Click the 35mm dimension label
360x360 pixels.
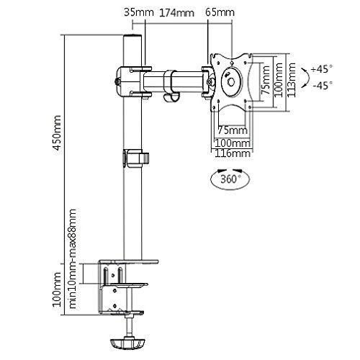coord(132,12)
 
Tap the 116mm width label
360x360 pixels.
coord(231,153)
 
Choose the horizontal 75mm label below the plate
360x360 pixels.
coord(231,130)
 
